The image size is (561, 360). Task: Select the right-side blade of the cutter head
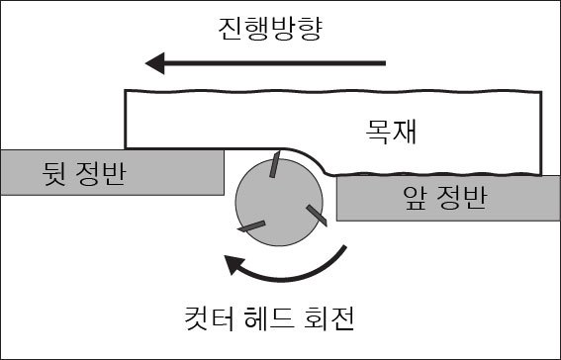pos(316,215)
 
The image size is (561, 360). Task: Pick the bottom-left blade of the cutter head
pos(251,225)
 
